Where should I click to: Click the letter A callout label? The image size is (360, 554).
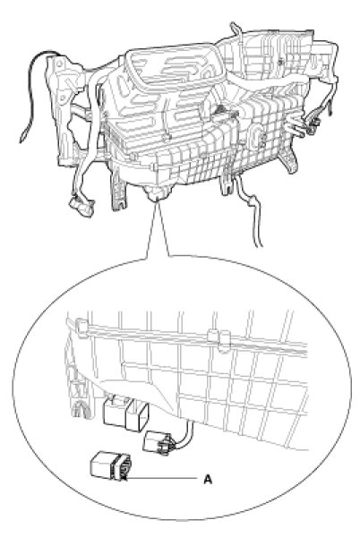[x=208, y=480]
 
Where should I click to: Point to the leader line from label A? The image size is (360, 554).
[x=161, y=479]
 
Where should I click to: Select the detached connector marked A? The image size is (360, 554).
[x=111, y=466]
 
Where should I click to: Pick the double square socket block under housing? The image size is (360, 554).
[x=125, y=413]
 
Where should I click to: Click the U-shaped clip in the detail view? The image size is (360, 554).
[x=80, y=409]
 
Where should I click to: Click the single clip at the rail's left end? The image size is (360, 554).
[x=81, y=328]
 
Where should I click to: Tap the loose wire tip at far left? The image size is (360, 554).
[x=23, y=135]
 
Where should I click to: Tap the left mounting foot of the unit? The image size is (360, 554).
[x=118, y=192]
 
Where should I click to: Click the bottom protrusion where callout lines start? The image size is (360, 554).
[x=156, y=193]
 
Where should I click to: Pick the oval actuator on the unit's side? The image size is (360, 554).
[x=256, y=135]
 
